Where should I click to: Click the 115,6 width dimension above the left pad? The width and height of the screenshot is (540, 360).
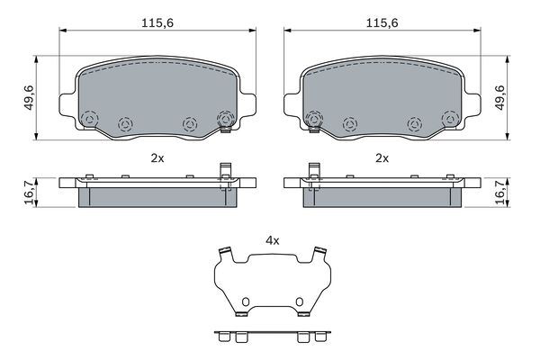point(157,23)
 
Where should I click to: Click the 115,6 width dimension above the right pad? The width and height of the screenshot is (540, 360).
point(382,23)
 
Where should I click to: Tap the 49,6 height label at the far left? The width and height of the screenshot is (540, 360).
point(29,97)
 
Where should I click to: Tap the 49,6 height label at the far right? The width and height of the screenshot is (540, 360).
point(499,97)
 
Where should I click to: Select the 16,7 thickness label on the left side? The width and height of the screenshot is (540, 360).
point(29,193)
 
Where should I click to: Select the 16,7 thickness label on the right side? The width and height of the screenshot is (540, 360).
point(499,193)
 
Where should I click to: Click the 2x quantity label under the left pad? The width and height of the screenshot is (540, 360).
point(157,158)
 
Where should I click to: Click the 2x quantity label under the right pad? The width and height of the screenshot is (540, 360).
point(382,158)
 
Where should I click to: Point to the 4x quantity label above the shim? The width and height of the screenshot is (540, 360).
point(273,241)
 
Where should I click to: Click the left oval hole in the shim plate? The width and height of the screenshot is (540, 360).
point(246,301)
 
